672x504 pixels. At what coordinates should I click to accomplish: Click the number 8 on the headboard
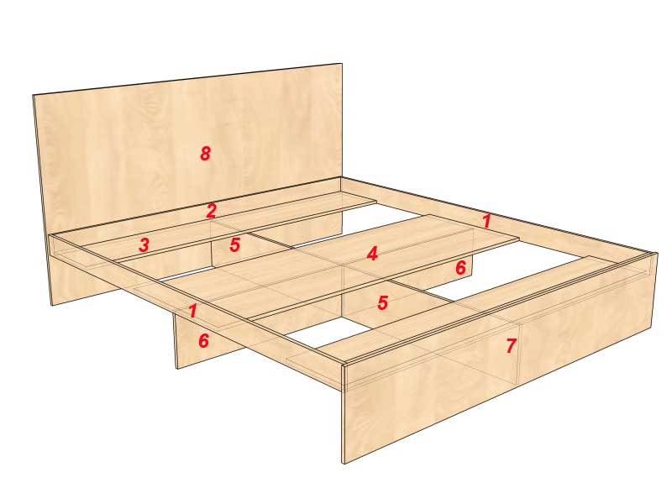click(205, 153)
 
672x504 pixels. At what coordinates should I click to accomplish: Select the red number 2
click(212, 211)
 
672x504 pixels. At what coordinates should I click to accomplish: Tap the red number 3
click(144, 244)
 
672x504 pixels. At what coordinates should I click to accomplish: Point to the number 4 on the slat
click(372, 254)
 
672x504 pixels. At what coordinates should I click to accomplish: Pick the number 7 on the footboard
click(511, 345)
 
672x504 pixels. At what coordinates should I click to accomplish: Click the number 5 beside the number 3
click(235, 244)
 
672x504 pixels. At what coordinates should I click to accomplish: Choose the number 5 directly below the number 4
click(383, 302)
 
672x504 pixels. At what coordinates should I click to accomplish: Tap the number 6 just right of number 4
click(460, 267)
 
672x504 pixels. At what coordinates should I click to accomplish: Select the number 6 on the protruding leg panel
click(203, 341)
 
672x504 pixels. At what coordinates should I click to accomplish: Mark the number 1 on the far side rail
click(486, 221)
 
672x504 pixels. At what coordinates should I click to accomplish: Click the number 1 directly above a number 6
click(193, 311)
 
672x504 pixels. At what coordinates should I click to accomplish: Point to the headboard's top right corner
click(342, 64)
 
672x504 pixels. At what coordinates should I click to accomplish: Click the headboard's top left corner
click(34, 95)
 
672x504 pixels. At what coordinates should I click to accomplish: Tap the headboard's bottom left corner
click(52, 305)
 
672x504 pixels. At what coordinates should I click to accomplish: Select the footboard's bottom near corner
click(344, 464)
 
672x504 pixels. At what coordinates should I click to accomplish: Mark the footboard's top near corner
click(344, 365)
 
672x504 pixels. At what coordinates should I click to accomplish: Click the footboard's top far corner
click(657, 253)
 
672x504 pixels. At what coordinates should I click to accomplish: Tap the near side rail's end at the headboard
click(51, 236)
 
